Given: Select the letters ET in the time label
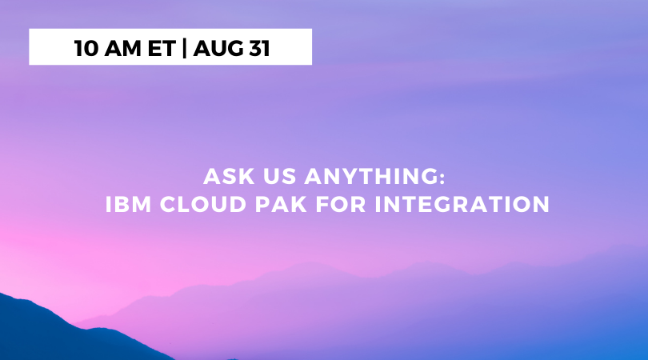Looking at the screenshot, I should (160, 48).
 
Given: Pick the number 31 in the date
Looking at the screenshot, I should (257, 48).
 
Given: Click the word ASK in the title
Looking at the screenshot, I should (222, 176).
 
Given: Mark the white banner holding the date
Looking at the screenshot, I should (170, 46).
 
